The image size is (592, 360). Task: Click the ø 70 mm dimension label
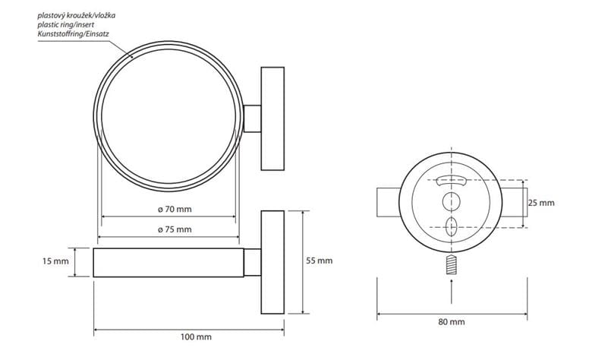coord(175,210)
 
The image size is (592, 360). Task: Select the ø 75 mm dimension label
coord(175,229)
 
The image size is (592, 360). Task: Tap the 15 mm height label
coord(55,261)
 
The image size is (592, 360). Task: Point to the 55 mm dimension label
coord(319,261)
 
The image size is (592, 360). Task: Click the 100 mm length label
coord(196,337)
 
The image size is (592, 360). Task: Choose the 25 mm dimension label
coord(541,203)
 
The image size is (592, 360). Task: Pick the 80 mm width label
coord(452,322)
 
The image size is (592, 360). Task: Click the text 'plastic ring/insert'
coord(66,25)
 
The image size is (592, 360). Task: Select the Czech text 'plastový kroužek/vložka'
coord(76,16)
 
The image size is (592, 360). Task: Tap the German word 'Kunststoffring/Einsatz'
coord(74,34)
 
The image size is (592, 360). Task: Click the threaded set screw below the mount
coord(452,264)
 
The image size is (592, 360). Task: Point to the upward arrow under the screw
coord(452,291)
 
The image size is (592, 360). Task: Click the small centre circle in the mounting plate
coord(451,202)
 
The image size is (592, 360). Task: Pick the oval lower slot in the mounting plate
coord(451,227)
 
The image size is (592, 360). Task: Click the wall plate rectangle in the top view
coord(272,118)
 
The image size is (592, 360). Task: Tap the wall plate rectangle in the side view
coord(272,262)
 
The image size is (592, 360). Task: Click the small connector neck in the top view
coord(252,118)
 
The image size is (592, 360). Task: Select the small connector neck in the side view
coord(252,262)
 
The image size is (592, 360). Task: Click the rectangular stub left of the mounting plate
coord(389,202)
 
